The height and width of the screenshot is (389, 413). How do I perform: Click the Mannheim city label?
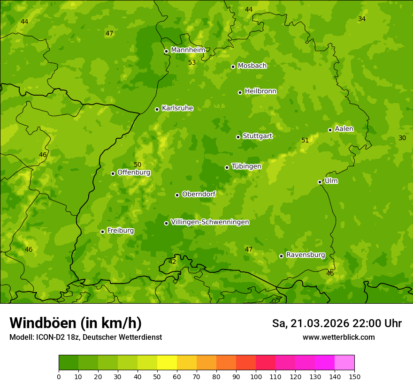coord(188,50)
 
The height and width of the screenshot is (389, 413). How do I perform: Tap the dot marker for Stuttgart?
coord(238,137)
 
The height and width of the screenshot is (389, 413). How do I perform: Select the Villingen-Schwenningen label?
coord(210,222)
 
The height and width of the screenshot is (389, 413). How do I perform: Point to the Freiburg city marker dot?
coord(102,232)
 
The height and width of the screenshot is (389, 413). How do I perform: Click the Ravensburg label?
coord(305,255)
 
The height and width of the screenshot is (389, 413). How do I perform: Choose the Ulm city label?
coord(331,181)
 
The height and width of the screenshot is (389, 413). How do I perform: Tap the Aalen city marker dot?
coord(330,130)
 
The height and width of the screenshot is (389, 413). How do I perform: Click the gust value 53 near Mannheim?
coord(192,62)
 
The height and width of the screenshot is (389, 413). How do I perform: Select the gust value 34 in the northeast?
coord(362,19)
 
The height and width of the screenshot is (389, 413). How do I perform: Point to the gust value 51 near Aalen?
coord(305,140)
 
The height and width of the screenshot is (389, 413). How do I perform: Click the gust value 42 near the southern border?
coord(172,262)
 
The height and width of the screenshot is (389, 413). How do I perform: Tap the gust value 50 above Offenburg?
coord(138,165)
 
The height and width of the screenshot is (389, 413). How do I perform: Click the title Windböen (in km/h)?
coord(76,323)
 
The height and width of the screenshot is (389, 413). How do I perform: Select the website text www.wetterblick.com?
coord(338,337)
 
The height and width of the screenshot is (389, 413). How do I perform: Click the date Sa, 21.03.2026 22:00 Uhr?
coord(337,323)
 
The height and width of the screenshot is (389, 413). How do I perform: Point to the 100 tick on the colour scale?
coord(256,376)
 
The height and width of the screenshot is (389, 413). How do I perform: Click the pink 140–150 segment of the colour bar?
coord(344,363)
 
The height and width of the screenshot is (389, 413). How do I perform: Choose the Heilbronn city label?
coord(260,91)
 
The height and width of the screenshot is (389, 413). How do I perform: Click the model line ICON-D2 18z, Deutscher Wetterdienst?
coord(85,337)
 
